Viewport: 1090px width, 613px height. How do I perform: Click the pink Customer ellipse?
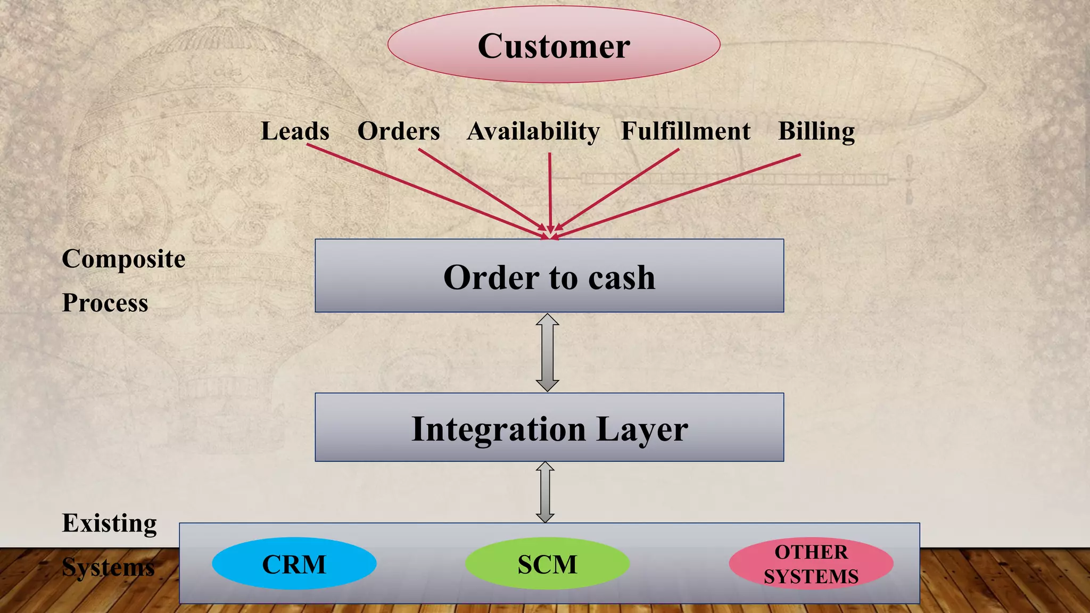click(x=554, y=45)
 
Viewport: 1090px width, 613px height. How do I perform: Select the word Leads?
click(x=295, y=131)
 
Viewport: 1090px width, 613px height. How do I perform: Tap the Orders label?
click(x=399, y=131)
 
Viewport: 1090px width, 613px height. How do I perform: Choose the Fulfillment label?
click(x=686, y=131)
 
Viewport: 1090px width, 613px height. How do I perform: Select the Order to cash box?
click(x=549, y=276)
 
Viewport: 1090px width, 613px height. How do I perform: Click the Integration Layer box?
click(x=549, y=427)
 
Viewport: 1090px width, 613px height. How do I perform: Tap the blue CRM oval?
click(x=294, y=564)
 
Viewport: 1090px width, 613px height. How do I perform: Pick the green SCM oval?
click(x=547, y=564)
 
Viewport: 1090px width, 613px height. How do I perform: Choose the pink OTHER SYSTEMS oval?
click(x=811, y=564)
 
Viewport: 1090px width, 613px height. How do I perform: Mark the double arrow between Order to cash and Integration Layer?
click(x=547, y=352)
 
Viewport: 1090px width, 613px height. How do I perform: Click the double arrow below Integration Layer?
click(x=545, y=492)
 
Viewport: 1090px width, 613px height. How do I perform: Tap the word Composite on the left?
click(x=123, y=259)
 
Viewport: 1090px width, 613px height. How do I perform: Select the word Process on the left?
click(x=105, y=303)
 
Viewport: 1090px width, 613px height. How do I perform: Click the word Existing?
click(x=110, y=523)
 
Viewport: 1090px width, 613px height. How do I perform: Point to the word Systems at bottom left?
click(x=109, y=567)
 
